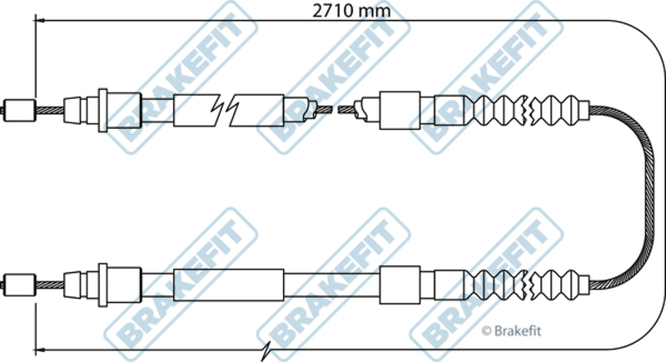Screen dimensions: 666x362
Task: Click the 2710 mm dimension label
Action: pos(351,11)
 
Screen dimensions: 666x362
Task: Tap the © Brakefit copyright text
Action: pos(511,330)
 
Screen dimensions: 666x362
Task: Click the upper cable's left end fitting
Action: pos(19,110)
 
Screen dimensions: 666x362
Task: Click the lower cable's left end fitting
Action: pos(19,285)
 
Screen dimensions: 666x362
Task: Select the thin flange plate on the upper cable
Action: pos(102,110)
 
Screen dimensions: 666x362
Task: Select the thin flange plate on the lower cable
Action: pos(102,285)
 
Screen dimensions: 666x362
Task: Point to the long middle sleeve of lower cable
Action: pos(228,285)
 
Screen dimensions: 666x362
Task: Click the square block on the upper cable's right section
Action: pos(400,110)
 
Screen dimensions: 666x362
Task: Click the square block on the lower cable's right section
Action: pos(400,285)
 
